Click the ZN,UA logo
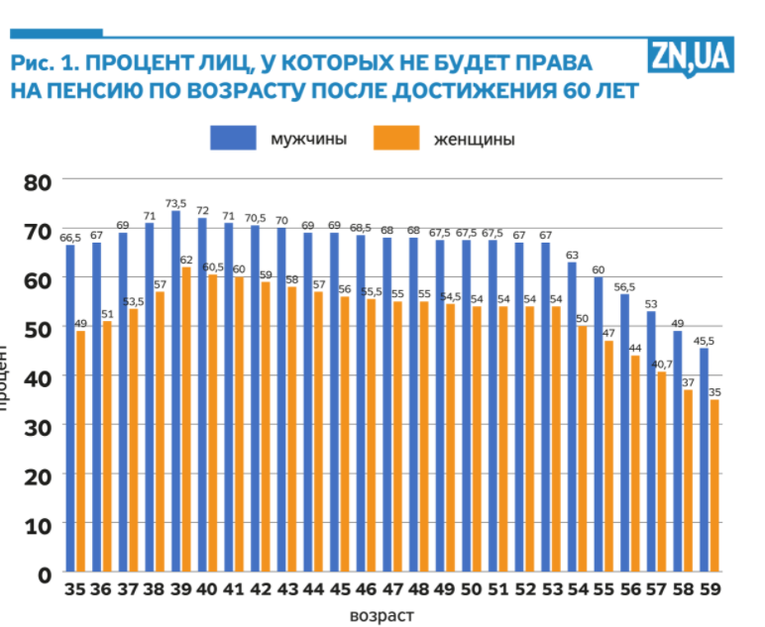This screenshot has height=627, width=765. (692, 56)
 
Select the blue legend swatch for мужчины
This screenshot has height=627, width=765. (234, 139)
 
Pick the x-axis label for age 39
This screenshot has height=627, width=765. (181, 590)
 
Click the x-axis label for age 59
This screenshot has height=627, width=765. (710, 590)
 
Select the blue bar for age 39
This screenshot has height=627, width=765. (175, 390)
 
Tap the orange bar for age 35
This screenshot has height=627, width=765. (80, 451)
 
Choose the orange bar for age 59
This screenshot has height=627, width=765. (714, 485)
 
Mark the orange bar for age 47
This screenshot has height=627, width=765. (397, 436)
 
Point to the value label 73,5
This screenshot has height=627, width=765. (176, 203)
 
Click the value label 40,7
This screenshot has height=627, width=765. (662, 364)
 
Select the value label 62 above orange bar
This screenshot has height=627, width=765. (186, 260)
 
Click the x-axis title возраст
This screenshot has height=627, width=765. (382, 615)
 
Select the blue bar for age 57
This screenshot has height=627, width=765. (651, 442)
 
